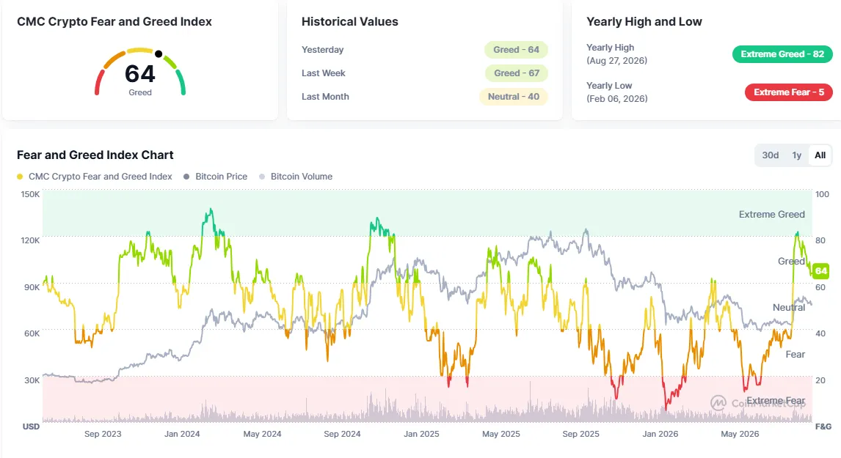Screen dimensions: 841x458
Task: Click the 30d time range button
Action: point(771,155)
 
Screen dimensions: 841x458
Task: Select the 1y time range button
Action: point(796,155)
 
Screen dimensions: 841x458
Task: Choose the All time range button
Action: point(820,155)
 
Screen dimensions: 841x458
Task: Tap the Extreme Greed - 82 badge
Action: point(782,54)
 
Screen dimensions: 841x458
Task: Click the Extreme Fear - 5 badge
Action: point(788,92)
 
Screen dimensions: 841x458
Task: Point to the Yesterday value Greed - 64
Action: point(516,50)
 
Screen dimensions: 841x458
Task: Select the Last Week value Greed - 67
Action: point(517,73)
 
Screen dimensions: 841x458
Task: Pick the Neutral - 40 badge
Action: point(513,97)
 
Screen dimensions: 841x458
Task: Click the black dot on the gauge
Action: point(159,53)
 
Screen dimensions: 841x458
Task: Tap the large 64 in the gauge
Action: point(140,74)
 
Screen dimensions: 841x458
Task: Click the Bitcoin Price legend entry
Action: point(216,177)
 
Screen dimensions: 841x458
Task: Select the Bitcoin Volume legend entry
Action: point(296,177)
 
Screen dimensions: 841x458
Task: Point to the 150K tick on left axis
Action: point(30,194)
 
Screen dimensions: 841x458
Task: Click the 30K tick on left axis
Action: point(32,380)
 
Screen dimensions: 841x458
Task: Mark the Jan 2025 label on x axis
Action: point(421,434)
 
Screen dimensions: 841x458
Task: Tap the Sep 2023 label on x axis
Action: point(103,434)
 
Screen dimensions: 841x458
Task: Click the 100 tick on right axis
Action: point(822,194)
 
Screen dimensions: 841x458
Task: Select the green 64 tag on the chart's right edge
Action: point(821,271)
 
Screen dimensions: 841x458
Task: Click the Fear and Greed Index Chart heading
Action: point(95,155)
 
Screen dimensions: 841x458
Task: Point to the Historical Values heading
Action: point(350,22)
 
